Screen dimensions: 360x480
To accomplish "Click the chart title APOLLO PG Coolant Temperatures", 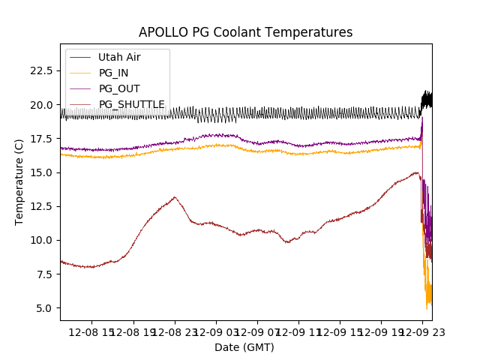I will [245, 32].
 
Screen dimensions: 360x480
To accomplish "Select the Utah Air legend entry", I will [119, 57].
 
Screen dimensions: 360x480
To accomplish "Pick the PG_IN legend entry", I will [113, 73].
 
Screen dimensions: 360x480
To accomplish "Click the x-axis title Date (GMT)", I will [244, 347].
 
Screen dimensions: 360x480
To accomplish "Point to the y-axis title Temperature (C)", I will [19, 181].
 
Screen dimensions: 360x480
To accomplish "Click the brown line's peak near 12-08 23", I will [175, 197].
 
